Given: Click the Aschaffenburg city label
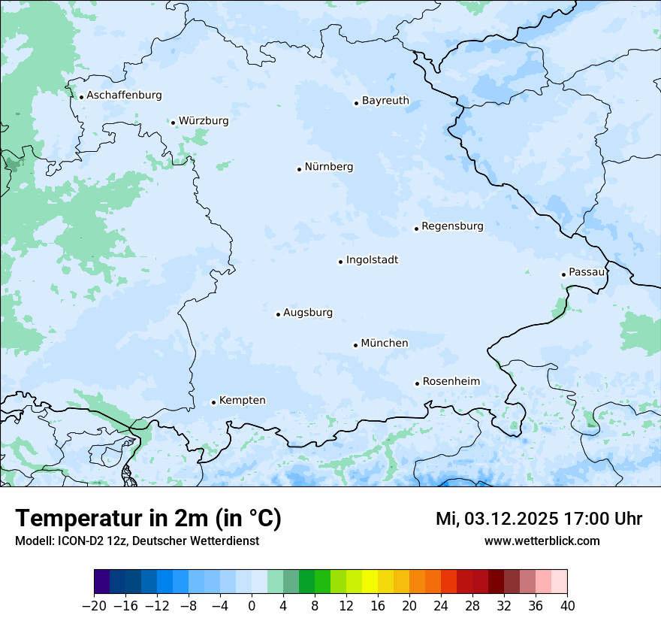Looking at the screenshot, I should click(124, 95).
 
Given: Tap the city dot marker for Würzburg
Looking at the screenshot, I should click(173, 123).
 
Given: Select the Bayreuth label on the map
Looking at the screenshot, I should click(385, 100).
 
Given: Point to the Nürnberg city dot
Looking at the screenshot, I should click(299, 169).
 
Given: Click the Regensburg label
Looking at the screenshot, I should click(452, 226).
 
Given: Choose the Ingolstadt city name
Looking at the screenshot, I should click(372, 260).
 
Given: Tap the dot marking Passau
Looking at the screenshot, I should click(563, 274).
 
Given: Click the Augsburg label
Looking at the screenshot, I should click(308, 313).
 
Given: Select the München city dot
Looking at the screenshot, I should click(355, 345).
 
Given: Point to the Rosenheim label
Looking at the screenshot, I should click(451, 382).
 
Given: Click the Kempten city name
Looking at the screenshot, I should click(242, 401).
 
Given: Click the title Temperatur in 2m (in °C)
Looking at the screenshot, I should click(148, 519).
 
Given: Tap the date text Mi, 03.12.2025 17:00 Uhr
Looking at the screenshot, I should click(539, 519).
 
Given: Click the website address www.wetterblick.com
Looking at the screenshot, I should click(542, 541).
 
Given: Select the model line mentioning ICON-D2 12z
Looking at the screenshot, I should click(137, 541).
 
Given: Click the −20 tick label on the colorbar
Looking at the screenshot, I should click(94, 606).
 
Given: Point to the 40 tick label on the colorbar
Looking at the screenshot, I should click(567, 606).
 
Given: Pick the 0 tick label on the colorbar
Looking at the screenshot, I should click(252, 606).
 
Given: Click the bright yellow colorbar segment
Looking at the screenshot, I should click(370, 582).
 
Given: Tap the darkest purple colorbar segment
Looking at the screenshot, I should click(102, 582).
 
